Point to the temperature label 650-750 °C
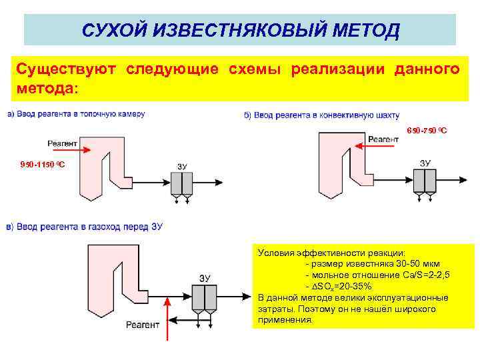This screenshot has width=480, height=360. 427,131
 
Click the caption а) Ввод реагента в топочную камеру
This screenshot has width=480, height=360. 76,114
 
